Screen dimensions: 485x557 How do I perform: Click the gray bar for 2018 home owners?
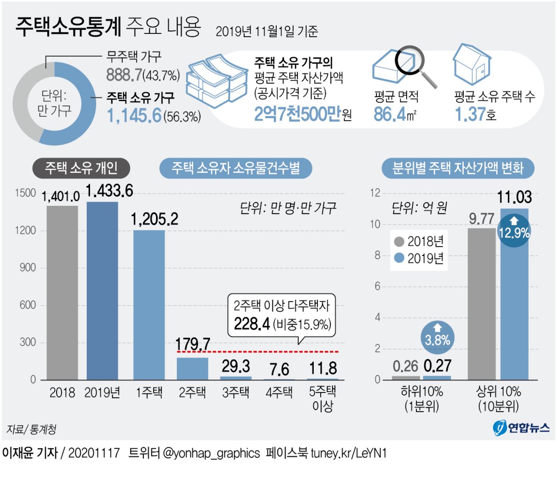coord(62,293)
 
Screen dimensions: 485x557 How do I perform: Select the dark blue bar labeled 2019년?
coord(102,291)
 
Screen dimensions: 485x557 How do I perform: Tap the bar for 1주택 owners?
coord(149,305)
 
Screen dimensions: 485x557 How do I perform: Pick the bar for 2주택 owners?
coord(192,368)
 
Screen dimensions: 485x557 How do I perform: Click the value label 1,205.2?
coord(154,219)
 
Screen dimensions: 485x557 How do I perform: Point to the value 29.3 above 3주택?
coord(236,366)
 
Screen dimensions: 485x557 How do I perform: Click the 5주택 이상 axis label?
coord(323,399)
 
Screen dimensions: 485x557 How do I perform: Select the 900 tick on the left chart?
coord(27,268)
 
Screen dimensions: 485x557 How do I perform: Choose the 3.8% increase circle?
coord(437,337)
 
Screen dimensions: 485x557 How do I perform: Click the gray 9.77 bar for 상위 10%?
coord(481,304)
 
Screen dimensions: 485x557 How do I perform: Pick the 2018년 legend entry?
coord(419,242)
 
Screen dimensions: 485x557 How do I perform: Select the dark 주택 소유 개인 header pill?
coord(81,168)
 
